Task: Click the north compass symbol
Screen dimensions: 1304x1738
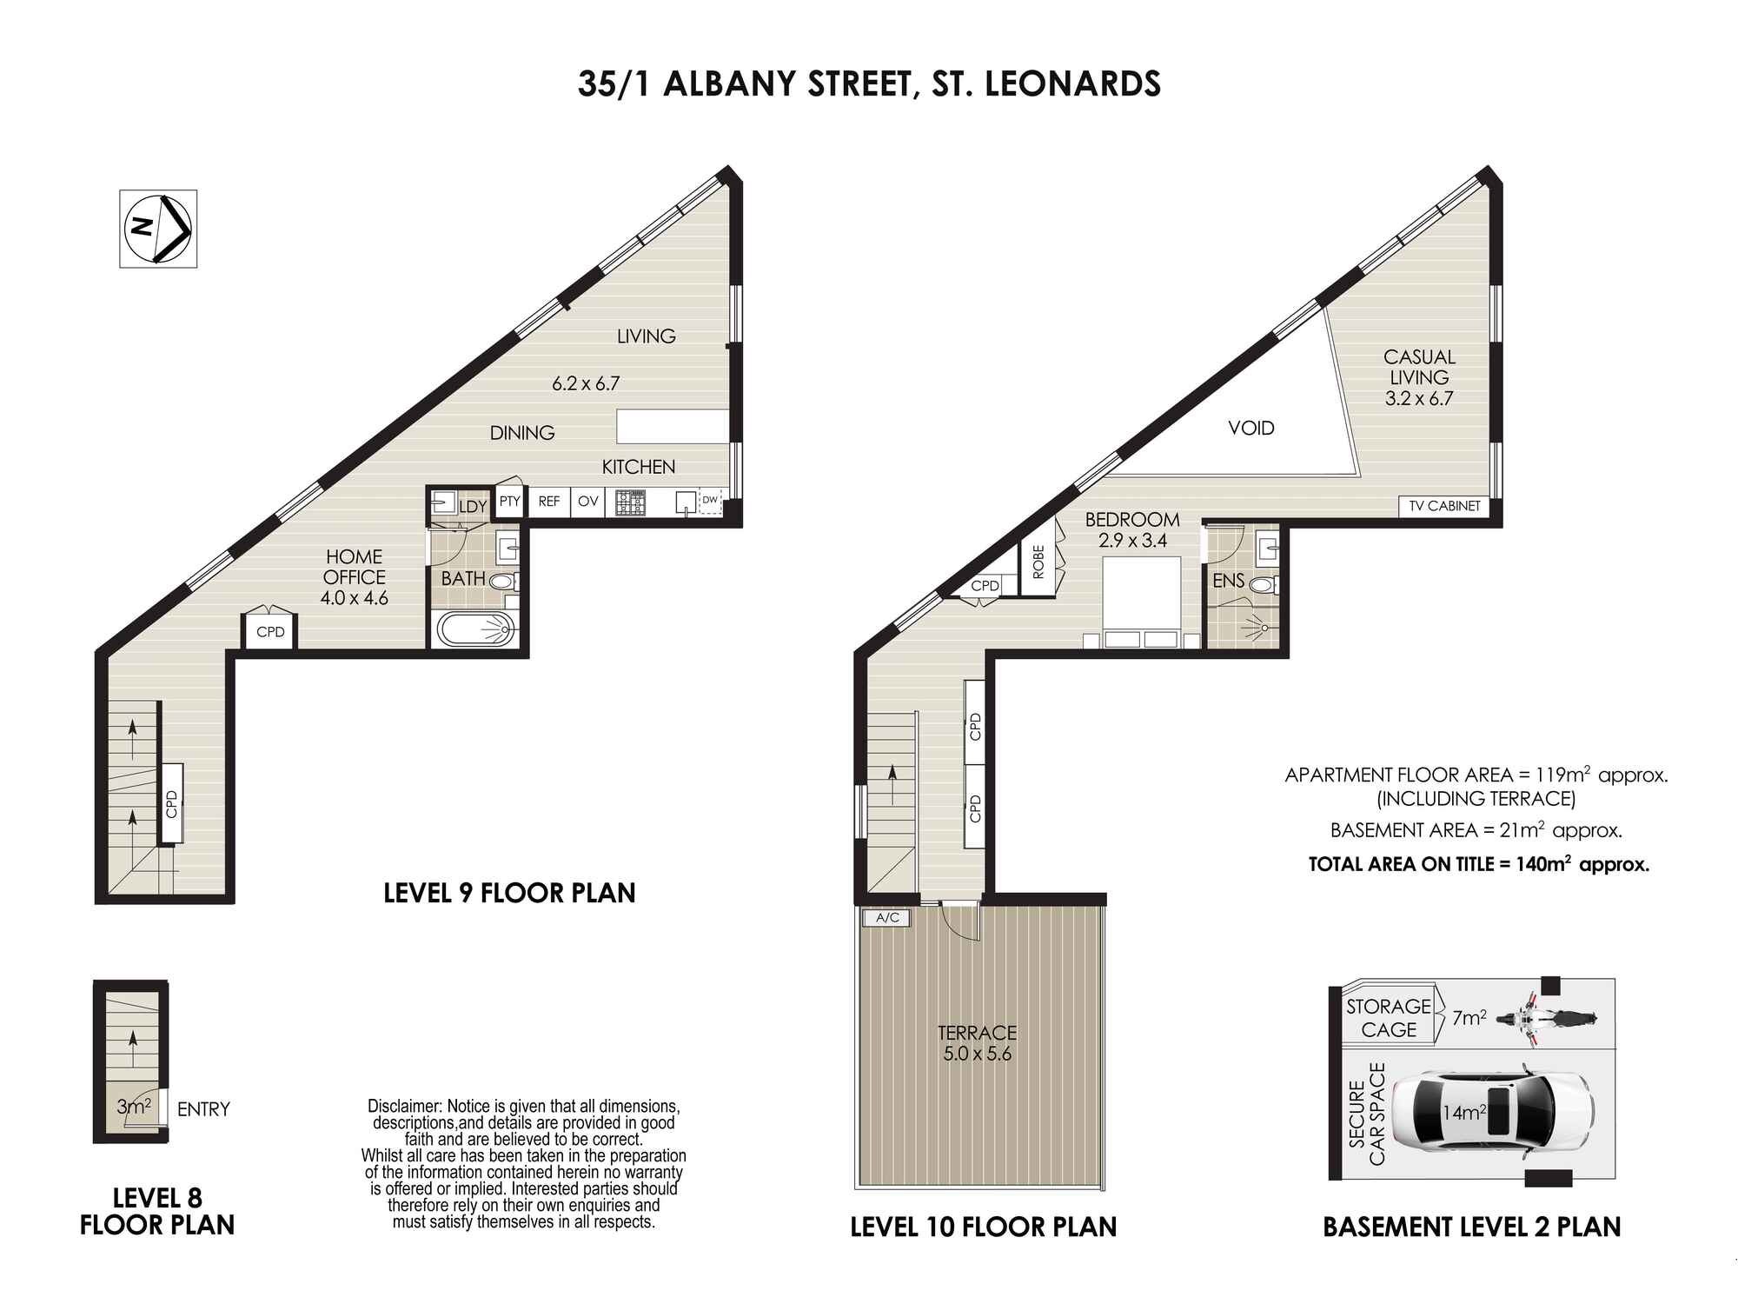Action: (x=158, y=229)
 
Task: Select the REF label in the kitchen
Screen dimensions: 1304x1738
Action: (x=549, y=502)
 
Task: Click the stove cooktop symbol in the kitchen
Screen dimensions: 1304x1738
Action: (x=631, y=502)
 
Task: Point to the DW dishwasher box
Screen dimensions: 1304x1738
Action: (x=710, y=501)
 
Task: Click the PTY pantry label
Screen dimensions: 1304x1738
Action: (x=509, y=502)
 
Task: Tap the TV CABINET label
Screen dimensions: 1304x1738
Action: (x=1444, y=506)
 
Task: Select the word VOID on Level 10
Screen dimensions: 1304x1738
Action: (x=1251, y=428)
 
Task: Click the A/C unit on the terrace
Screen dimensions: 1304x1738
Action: (x=887, y=918)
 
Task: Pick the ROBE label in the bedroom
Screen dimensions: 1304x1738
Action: (x=1038, y=562)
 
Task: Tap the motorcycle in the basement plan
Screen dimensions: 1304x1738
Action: (x=1548, y=1018)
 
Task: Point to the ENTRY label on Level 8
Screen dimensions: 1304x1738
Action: (x=203, y=1109)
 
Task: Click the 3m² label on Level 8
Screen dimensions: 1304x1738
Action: (x=135, y=1107)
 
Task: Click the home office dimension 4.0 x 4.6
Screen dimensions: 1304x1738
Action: (x=354, y=598)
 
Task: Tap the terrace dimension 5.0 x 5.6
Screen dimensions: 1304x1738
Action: (x=977, y=1055)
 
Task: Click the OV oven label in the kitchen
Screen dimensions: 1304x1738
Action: (x=588, y=502)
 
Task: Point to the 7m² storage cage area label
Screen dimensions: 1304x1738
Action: (x=1469, y=1018)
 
